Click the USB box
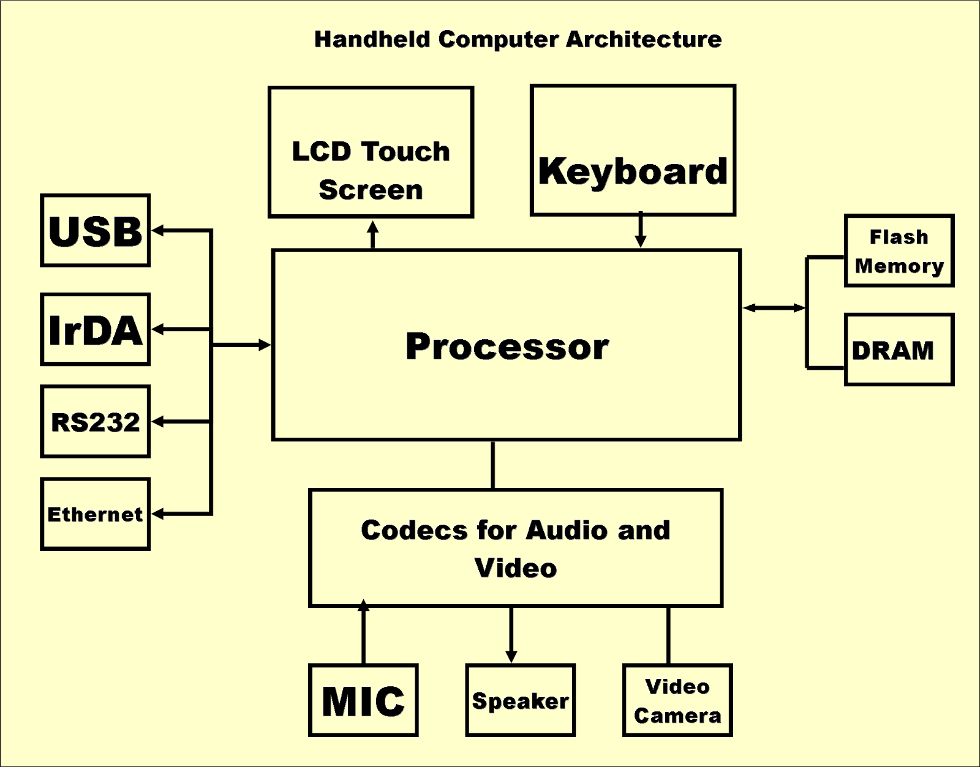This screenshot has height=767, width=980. point(96,231)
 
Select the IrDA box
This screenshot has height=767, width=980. point(96,329)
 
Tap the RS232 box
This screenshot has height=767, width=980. point(96,422)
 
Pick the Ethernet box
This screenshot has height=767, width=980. point(96,514)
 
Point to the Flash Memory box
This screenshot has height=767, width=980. point(899,250)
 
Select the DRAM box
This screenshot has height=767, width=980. point(899,350)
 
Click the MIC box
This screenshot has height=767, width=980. point(363,700)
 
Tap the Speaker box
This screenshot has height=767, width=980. point(520,700)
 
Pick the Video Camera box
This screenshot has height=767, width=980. point(677,700)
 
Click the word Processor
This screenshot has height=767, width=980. point(507,346)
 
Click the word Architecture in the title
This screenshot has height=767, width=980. point(643,39)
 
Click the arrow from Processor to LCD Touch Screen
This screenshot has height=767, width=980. point(372,234)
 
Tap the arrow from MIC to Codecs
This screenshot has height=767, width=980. point(364,634)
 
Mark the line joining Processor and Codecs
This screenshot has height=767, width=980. point(493,465)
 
